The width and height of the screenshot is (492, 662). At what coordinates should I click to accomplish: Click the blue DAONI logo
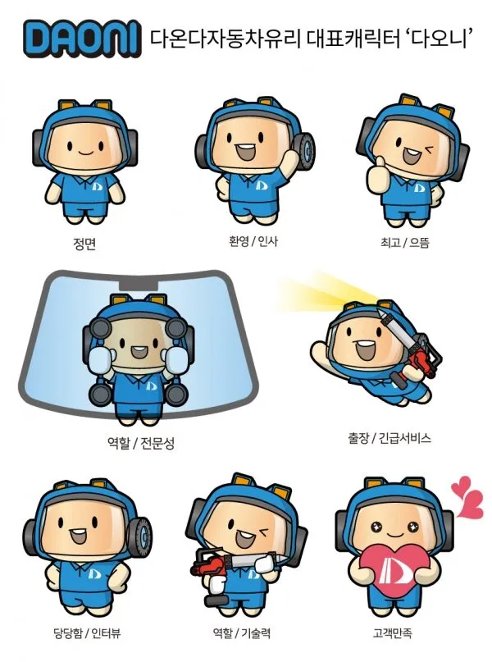pos(82,39)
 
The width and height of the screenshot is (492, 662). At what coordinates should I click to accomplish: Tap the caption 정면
pos(84,244)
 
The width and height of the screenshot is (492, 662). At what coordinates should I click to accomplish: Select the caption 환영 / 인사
pos(253,241)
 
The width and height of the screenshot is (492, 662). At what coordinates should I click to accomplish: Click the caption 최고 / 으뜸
pos(404,242)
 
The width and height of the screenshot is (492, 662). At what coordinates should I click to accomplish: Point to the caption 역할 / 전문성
pos(140,443)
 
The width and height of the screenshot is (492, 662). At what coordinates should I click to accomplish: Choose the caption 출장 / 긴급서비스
pos(389,438)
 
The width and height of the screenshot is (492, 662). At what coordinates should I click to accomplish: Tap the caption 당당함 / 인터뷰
pos(88,632)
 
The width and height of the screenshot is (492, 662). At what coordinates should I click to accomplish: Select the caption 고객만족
pos(393,632)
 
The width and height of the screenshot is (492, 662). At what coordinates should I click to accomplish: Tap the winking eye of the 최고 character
pos(430,149)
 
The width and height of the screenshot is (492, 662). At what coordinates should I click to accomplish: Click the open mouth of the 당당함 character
pos(78,536)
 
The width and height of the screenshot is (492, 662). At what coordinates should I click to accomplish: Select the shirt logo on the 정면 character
pos(98,185)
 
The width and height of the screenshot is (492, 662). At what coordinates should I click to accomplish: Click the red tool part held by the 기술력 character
pos(210,565)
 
